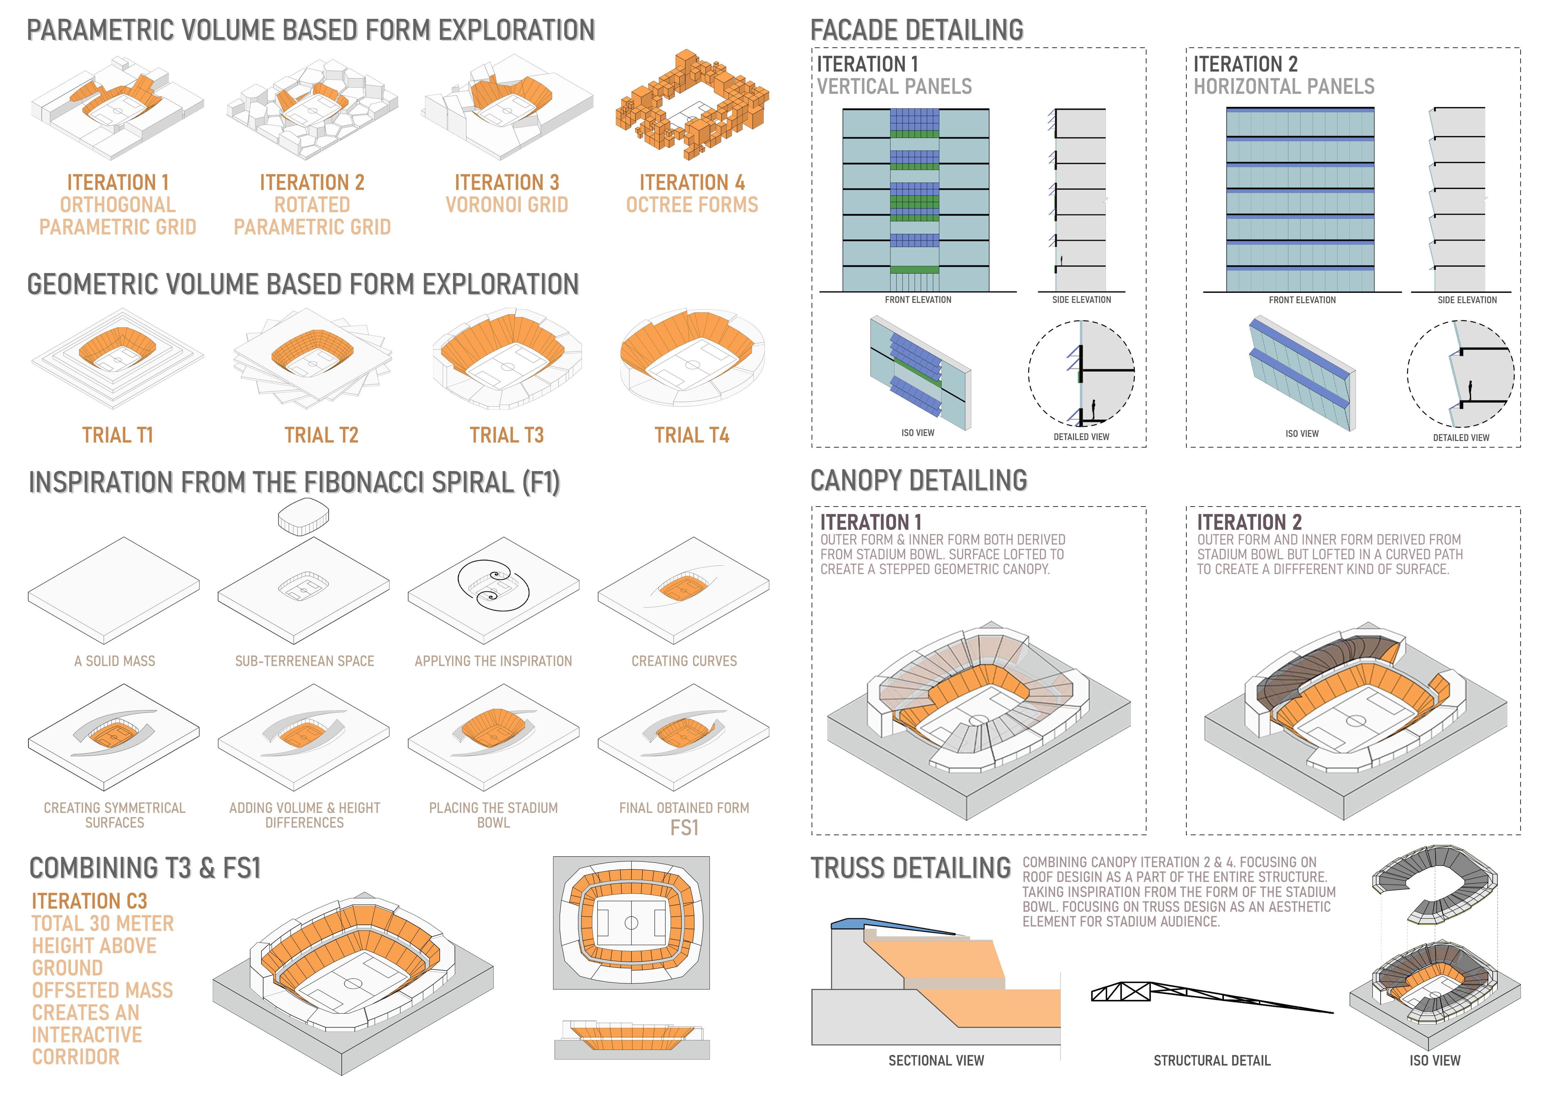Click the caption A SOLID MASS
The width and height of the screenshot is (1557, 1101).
[115, 661]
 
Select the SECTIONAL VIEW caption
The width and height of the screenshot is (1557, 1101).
[936, 1060]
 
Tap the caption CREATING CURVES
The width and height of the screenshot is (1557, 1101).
[684, 661]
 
